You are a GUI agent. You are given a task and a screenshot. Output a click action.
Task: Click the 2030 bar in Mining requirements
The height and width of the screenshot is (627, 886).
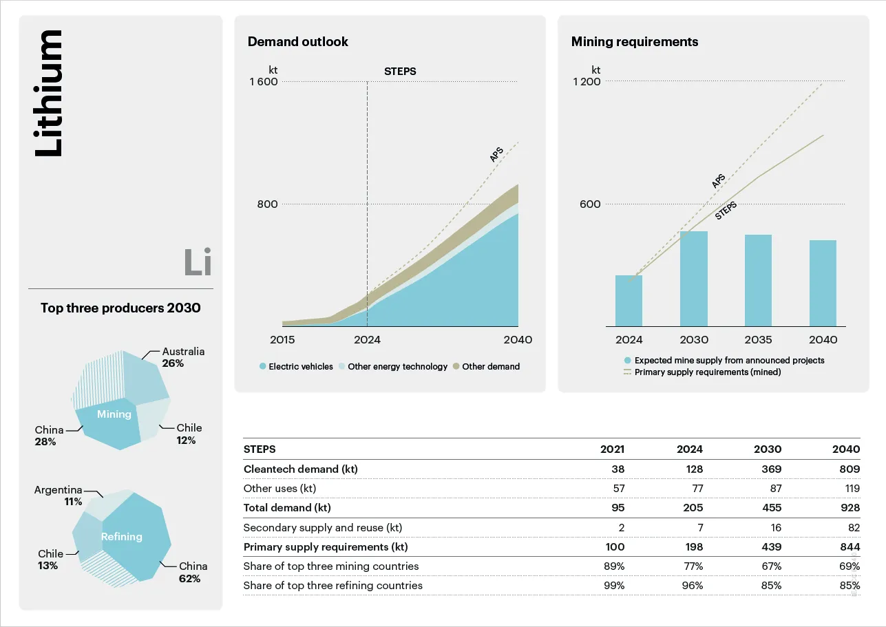(x=693, y=279)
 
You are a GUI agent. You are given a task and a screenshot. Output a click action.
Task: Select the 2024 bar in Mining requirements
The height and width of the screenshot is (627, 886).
(x=629, y=301)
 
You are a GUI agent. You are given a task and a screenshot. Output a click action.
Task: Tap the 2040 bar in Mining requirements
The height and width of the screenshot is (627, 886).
(x=823, y=283)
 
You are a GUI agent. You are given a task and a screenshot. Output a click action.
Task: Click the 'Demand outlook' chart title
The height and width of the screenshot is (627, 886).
(x=297, y=42)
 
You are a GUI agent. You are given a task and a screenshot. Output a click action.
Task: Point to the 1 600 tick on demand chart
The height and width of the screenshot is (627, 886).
(x=264, y=82)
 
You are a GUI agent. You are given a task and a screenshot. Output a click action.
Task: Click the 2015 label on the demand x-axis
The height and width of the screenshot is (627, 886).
(x=282, y=340)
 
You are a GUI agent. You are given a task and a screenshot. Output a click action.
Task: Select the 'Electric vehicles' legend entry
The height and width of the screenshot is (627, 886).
(x=296, y=367)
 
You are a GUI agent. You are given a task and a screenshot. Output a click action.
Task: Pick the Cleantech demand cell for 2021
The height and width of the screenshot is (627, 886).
(x=617, y=469)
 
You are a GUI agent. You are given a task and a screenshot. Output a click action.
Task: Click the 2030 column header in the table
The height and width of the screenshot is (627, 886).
(x=767, y=449)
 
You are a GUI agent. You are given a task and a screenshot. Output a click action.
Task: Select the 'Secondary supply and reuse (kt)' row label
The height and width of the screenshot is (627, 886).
(x=322, y=528)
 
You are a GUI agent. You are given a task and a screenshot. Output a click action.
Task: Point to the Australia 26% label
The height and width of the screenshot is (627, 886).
(x=183, y=357)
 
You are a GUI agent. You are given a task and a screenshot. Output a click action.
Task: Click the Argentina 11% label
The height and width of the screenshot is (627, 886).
(x=59, y=496)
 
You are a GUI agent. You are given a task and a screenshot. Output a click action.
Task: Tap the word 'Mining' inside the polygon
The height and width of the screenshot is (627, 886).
(x=114, y=414)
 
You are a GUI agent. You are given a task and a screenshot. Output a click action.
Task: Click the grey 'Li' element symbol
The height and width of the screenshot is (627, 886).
(x=198, y=263)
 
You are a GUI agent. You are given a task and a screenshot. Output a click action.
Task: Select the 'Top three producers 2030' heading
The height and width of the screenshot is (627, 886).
(x=120, y=308)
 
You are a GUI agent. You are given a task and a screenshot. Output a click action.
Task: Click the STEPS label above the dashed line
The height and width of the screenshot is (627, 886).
(x=399, y=72)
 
